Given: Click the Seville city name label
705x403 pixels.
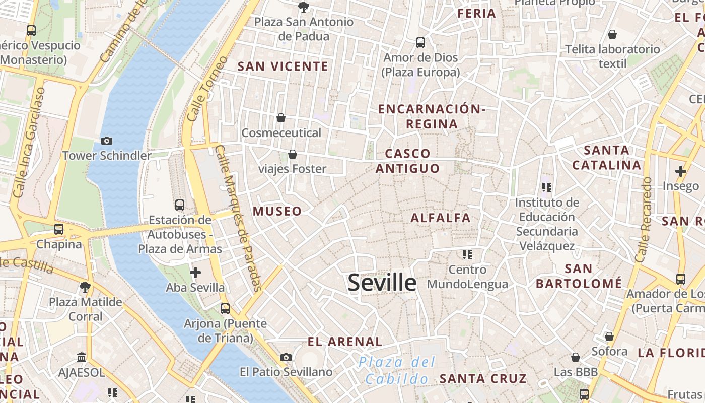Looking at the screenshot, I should click(x=382, y=283).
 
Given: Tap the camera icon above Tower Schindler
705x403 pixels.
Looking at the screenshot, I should click(x=107, y=141).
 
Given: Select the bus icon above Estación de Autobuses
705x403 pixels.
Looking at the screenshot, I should click(x=180, y=205).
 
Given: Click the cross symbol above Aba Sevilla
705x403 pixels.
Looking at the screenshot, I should click(x=195, y=273).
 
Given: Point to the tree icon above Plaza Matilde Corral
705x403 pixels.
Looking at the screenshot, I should click(x=85, y=287).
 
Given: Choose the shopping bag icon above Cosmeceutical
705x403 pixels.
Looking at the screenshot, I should click(x=281, y=118).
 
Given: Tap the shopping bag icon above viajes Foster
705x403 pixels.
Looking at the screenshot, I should click(x=292, y=154).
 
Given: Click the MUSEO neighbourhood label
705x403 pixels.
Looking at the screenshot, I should click(x=277, y=211).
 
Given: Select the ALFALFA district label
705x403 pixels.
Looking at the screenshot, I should click(x=441, y=218).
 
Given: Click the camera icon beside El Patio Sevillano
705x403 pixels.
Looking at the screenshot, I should click(x=286, y=357).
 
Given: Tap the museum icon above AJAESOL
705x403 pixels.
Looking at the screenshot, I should click(x=82, y=358).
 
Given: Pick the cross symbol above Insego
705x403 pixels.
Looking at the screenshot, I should click(x=681, y=171).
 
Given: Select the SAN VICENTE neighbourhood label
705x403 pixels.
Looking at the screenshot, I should click(x=283, y=66).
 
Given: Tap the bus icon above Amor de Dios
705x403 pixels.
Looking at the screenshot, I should click(x=420, y=43).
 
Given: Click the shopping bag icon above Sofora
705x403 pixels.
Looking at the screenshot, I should click(x=609, y=336).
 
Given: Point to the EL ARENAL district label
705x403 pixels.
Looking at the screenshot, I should click(x=345, y=342).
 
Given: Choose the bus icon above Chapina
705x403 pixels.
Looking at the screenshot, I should click(x=59, y=229).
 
